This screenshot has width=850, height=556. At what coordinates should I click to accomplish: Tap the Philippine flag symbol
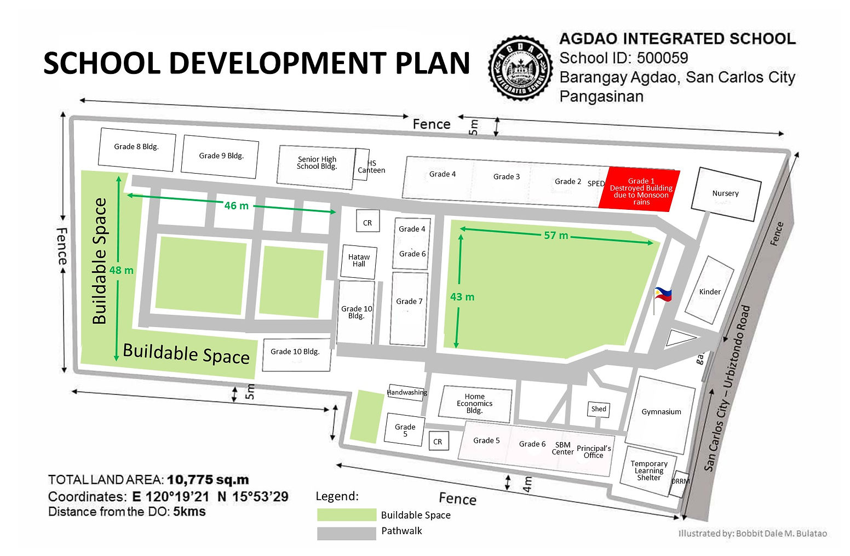click(663, 295)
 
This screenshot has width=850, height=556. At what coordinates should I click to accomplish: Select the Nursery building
click(725, 194)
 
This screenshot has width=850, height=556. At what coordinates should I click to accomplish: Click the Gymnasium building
click(661, 412)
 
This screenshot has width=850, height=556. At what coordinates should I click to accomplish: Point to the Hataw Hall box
click(359, 261)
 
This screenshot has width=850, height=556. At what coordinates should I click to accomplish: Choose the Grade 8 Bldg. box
click(136, 147)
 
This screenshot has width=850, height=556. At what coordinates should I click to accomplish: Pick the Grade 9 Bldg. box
click(220, 156)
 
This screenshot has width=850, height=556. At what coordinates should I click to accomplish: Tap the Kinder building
click(710, 291)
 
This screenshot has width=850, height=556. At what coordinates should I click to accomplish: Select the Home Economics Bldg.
click(474, 404)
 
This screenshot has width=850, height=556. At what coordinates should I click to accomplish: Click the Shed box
click(599, 409)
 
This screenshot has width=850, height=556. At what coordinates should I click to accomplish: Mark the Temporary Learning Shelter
click(649, 471)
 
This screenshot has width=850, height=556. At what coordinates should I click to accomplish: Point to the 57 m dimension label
click(556, 236)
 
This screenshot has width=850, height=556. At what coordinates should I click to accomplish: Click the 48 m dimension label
click(121, 270)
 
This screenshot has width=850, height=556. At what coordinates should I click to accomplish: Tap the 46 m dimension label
click(236, 206)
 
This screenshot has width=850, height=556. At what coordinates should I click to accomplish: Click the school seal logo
click(520, 68)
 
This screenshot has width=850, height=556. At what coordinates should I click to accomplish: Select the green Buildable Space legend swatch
click(346, 515)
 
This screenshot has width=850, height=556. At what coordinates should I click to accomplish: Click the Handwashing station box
click(406, 392)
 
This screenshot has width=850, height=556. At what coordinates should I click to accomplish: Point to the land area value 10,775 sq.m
click(208, 480)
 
